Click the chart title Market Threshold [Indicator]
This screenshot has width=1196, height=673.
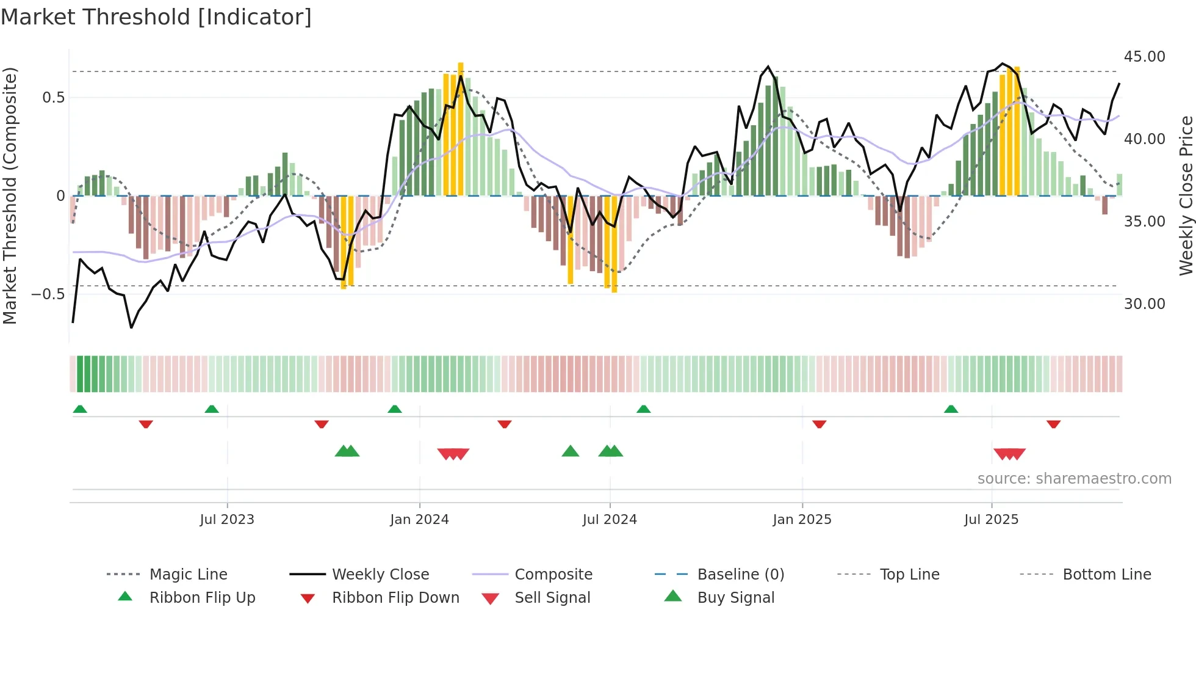click(156, 17)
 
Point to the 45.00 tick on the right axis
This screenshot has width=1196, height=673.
click(1144, 57)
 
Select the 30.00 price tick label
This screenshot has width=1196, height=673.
click(1144, 304)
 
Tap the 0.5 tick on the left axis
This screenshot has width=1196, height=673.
click(53, 98)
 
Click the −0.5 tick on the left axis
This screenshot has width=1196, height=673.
click(48, 294)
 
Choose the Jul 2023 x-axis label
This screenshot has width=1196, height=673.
click(227, 520)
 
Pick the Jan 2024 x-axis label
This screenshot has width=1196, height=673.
click(419, 520)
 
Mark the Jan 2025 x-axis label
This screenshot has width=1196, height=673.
click(802, 520)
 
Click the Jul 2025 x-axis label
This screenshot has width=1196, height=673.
click(991, 520)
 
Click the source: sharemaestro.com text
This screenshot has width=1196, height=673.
click(1074, 479)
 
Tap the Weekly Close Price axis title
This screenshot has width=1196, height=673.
click(1186, 195)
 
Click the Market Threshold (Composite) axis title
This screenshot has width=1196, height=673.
click(10, 195)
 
